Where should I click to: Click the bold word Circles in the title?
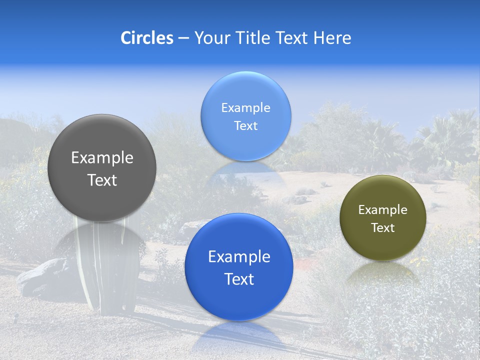(x=146, y=38)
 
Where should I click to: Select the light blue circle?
(x=245, y=90)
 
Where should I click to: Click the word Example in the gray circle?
(x=102, y=158)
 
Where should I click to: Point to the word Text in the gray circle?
(x=102, y=180)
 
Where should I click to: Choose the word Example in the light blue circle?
(x=245, y=108)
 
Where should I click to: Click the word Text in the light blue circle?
(x=245, y=126)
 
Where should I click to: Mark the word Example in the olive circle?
(x=382, y=210)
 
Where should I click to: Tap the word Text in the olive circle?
(x=382, y=228)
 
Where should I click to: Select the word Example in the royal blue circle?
(x=239, y=257)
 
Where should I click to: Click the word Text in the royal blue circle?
(x=239, y=279)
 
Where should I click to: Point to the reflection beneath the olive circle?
(x=382, y=272)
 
